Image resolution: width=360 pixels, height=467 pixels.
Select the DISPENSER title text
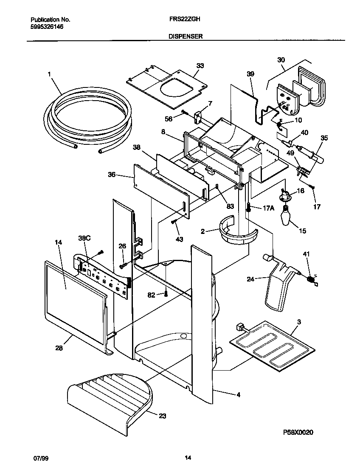click(x=186, y=37)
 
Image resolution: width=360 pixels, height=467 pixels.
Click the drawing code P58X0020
click(x=298, y=432)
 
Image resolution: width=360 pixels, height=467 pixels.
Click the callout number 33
click(x=200, y=65)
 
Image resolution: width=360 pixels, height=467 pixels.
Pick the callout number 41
click(x=306, y=254)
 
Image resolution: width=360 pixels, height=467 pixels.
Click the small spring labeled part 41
click(x=312, y=280)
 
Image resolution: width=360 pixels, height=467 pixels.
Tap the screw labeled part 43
click(x=173, y=222)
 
